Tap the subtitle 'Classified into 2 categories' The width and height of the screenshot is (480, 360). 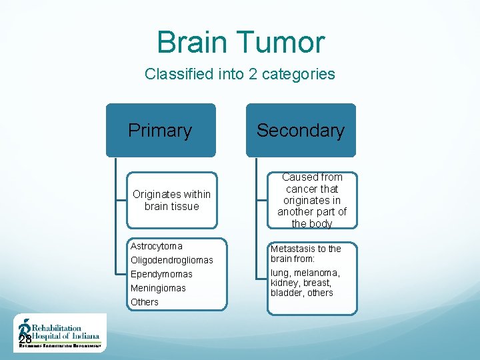(240, 74)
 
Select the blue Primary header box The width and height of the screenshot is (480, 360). (160, 131)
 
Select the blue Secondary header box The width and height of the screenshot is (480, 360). (301, 131)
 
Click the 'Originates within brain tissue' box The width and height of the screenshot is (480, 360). (171, 200)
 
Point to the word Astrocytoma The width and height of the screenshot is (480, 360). (157, 246)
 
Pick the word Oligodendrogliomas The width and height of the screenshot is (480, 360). (172, 260)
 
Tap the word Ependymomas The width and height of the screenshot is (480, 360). (161, 274)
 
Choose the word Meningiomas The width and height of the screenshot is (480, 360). (158, 288)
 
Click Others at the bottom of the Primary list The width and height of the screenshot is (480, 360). (145, 302)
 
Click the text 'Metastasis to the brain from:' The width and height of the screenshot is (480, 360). (305, 253)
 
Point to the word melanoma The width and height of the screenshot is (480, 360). (319, 273)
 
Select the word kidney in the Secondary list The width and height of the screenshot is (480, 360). (285, 283)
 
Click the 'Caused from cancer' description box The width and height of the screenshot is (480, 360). (312, 200)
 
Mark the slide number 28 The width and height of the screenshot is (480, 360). (25, 341)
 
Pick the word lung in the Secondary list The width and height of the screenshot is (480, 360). (280, 273)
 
